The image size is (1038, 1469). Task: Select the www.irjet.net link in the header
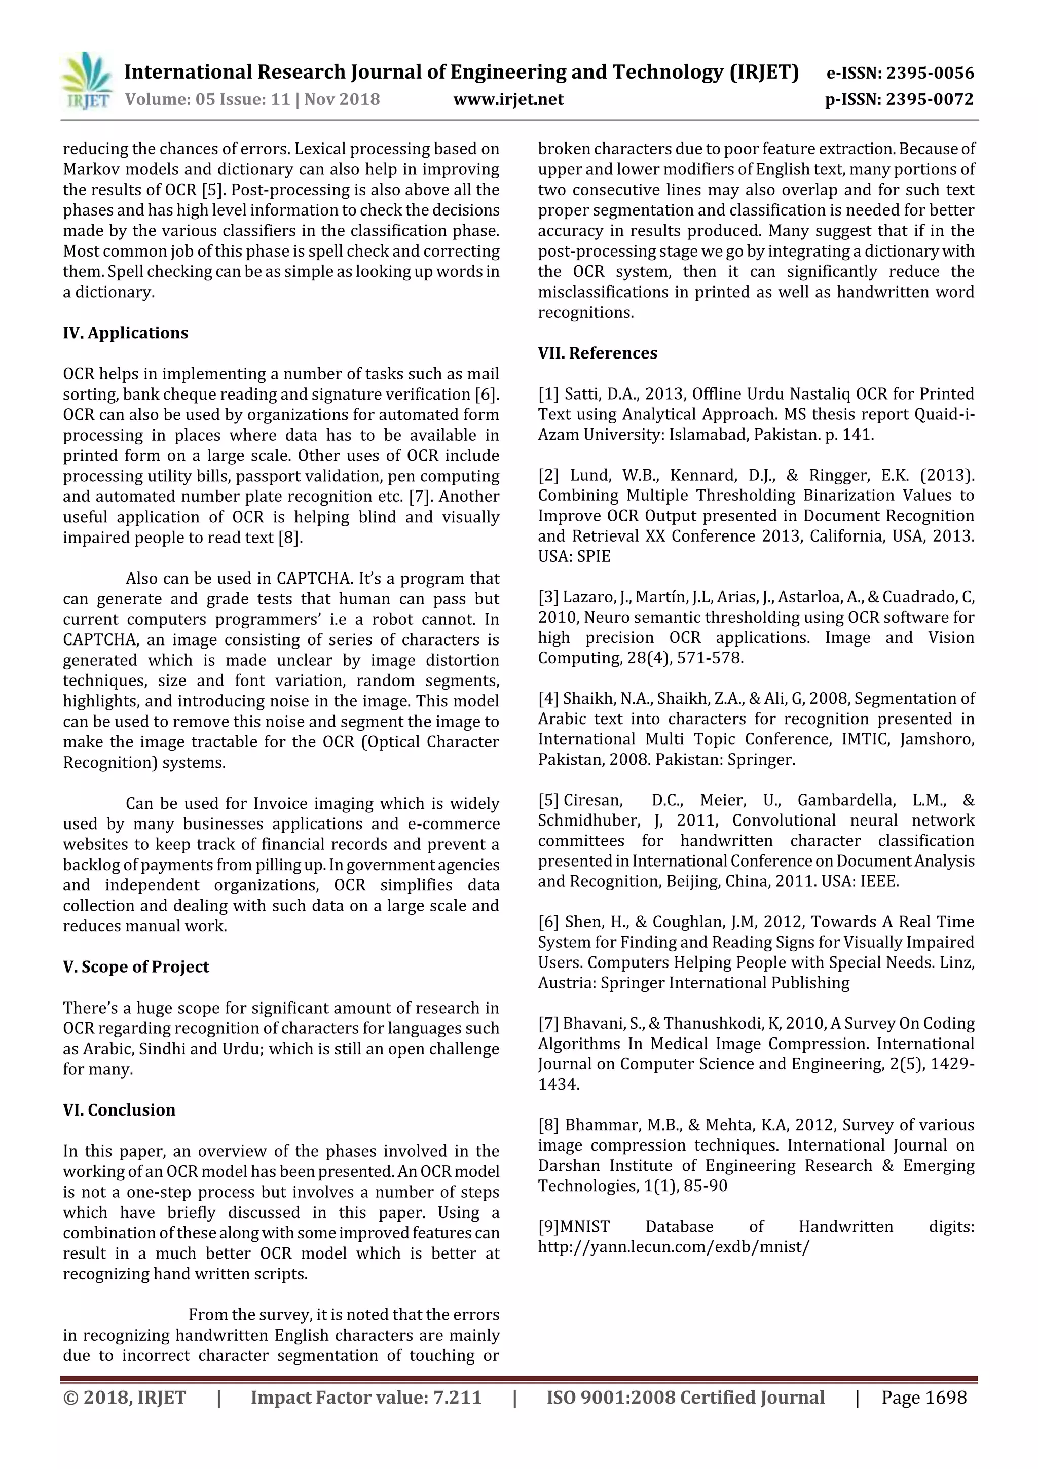click(508, 99)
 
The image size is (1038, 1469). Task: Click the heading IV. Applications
click(125, 333)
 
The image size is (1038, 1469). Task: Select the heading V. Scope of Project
click(136, 967)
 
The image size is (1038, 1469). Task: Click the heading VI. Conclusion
click(119, 1109)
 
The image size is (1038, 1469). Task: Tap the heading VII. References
click(598, 353)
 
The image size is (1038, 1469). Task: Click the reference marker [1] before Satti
click(549, 394)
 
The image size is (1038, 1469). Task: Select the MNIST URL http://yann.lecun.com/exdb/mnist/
click(674, 1247)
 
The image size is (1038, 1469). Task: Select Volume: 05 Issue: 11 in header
click(208, 99)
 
